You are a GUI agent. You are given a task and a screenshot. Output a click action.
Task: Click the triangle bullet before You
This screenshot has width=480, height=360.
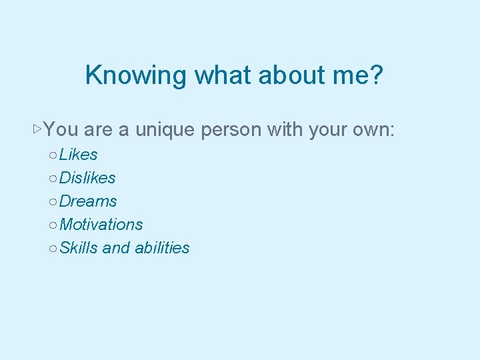pyautogui.click(x=37, y=127)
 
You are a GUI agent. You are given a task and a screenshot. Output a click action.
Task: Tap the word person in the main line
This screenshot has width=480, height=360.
pyautogui.click(x=231, y=129)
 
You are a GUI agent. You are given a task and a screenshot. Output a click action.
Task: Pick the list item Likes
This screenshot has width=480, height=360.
pyautogui.click(x=78, y=155)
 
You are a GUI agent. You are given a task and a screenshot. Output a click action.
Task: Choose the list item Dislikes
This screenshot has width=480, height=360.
pyautogui.click(x=87, y=178)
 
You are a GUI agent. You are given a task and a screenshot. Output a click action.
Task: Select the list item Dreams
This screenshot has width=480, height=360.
pyautogui.click(x=88, y=201)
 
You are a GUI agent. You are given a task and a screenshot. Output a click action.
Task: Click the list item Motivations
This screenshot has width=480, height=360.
pyautogui.click(x=101, y=225)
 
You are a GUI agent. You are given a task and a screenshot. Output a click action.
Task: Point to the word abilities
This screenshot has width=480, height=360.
pyautogui.click(x=162, y=248)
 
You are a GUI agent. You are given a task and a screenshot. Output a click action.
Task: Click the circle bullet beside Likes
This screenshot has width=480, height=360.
pyautogui.click(x=52, y=155)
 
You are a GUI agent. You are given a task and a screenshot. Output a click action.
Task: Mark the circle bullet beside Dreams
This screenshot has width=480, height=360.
pyautogui.click(x=52, y=202)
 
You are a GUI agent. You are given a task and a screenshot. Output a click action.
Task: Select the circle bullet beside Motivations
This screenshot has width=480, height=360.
pyautogui.click(x=52, y=225)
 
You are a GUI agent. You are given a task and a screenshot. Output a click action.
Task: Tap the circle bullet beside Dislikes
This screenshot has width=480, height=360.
pyautogui.click(x=52, y=179)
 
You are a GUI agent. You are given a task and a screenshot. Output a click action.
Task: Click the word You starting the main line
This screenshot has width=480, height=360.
pyautogui.click(x=62, y=129)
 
